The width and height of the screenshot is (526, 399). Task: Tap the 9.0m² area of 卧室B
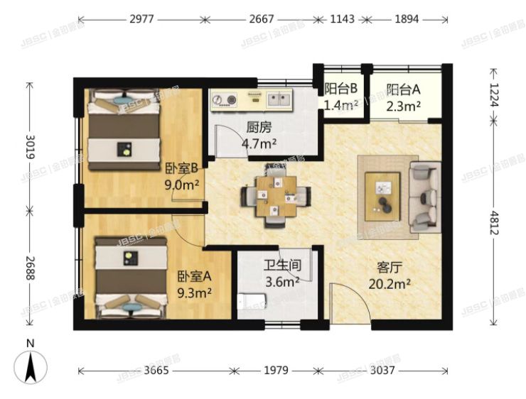[181, 185]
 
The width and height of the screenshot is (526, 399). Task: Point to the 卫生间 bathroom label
[282, 266]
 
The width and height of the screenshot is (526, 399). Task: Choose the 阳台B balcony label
[340, 89]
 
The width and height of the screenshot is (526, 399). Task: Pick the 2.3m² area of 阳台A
[403, 106]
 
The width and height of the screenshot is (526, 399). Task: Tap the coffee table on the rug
[384, 194]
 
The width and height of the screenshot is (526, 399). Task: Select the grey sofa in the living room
[426, 195]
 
